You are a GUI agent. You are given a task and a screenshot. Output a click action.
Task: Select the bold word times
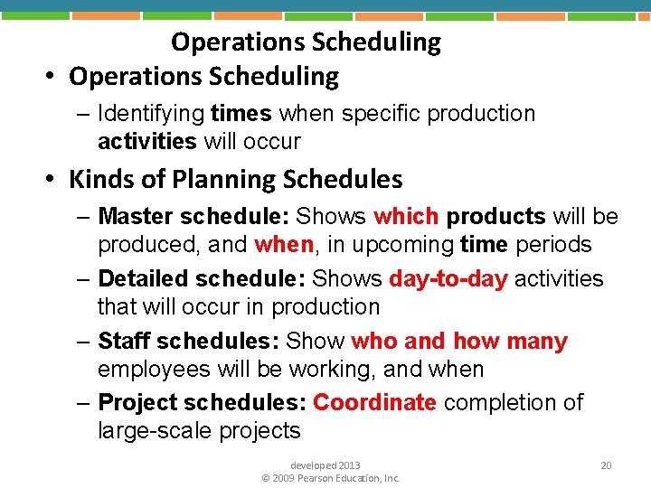pos(241,114)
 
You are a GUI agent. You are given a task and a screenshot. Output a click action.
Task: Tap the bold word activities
pos(146,142)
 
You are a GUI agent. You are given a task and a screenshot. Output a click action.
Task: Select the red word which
pos(406,217)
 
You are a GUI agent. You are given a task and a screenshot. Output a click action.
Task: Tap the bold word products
pos(495,217)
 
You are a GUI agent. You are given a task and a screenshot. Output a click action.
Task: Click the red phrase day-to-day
pos(448,279)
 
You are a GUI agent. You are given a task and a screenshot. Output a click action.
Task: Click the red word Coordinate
pos(374,402)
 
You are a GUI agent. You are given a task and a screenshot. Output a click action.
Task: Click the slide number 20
pos(606,465)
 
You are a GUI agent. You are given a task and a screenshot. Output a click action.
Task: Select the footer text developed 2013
pos(325,465)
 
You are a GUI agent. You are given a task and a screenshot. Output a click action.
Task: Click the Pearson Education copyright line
pos(330,478)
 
